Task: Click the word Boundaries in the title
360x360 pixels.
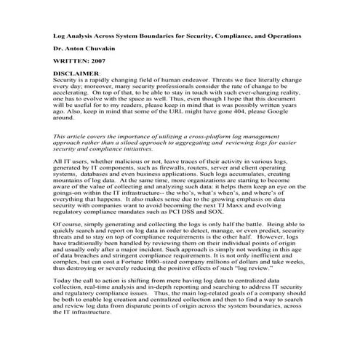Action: click(x=175, y=34)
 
